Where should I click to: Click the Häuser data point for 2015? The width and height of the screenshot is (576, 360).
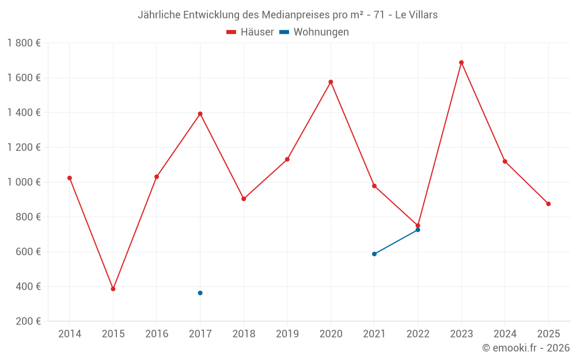[x=113, y=289]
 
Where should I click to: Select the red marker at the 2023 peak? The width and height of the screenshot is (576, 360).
[x=461, y=63]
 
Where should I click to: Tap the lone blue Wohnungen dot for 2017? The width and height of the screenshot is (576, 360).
[x=200, y=293]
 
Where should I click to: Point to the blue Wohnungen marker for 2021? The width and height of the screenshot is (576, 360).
[x=374, y=254]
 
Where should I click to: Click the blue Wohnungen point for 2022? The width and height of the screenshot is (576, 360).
[x=418, y=230]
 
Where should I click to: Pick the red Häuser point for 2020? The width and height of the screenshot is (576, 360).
[x=331, y=82]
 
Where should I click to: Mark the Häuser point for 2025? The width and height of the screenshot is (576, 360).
[x=548, y=204]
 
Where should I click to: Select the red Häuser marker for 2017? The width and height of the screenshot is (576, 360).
[x=200, y=113]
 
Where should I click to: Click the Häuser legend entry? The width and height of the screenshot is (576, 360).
[x=250, y=32]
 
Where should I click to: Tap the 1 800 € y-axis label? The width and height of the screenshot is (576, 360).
[x=24, y=43]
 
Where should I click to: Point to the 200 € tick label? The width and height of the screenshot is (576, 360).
[x=27, y=321]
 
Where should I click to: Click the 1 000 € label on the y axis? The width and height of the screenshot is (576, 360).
[x=24, y=182]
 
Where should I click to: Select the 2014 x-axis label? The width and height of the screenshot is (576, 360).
[x=70, y=334]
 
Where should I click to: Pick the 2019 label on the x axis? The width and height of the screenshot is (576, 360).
[x=287, y=334]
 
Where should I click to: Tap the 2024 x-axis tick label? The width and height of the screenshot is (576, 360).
[x=505, y=334]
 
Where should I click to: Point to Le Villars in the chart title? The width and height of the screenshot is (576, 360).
[x=416, y=15]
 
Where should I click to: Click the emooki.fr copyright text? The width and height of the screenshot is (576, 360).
[x=526, y=348]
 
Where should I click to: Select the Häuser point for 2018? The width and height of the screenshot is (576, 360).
[x=244, y=199]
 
